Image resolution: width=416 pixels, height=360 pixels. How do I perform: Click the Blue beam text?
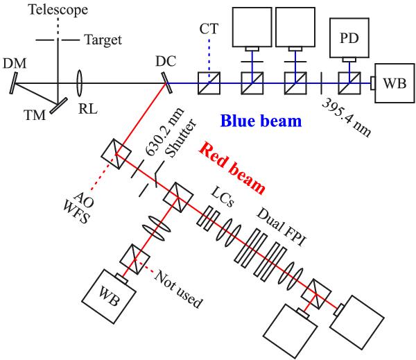pos(261,122)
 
